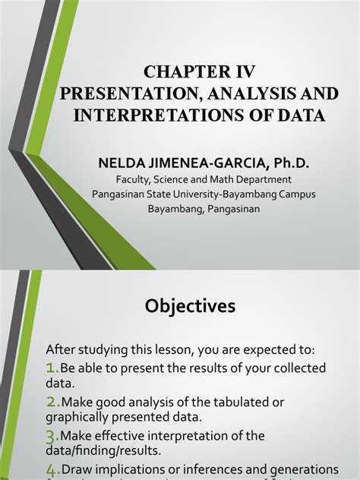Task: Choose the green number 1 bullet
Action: (x=52, y=368)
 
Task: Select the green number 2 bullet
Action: (x=52, y=402)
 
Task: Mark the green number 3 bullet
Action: (x=52, y=436)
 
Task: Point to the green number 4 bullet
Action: (x=52, y=470)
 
